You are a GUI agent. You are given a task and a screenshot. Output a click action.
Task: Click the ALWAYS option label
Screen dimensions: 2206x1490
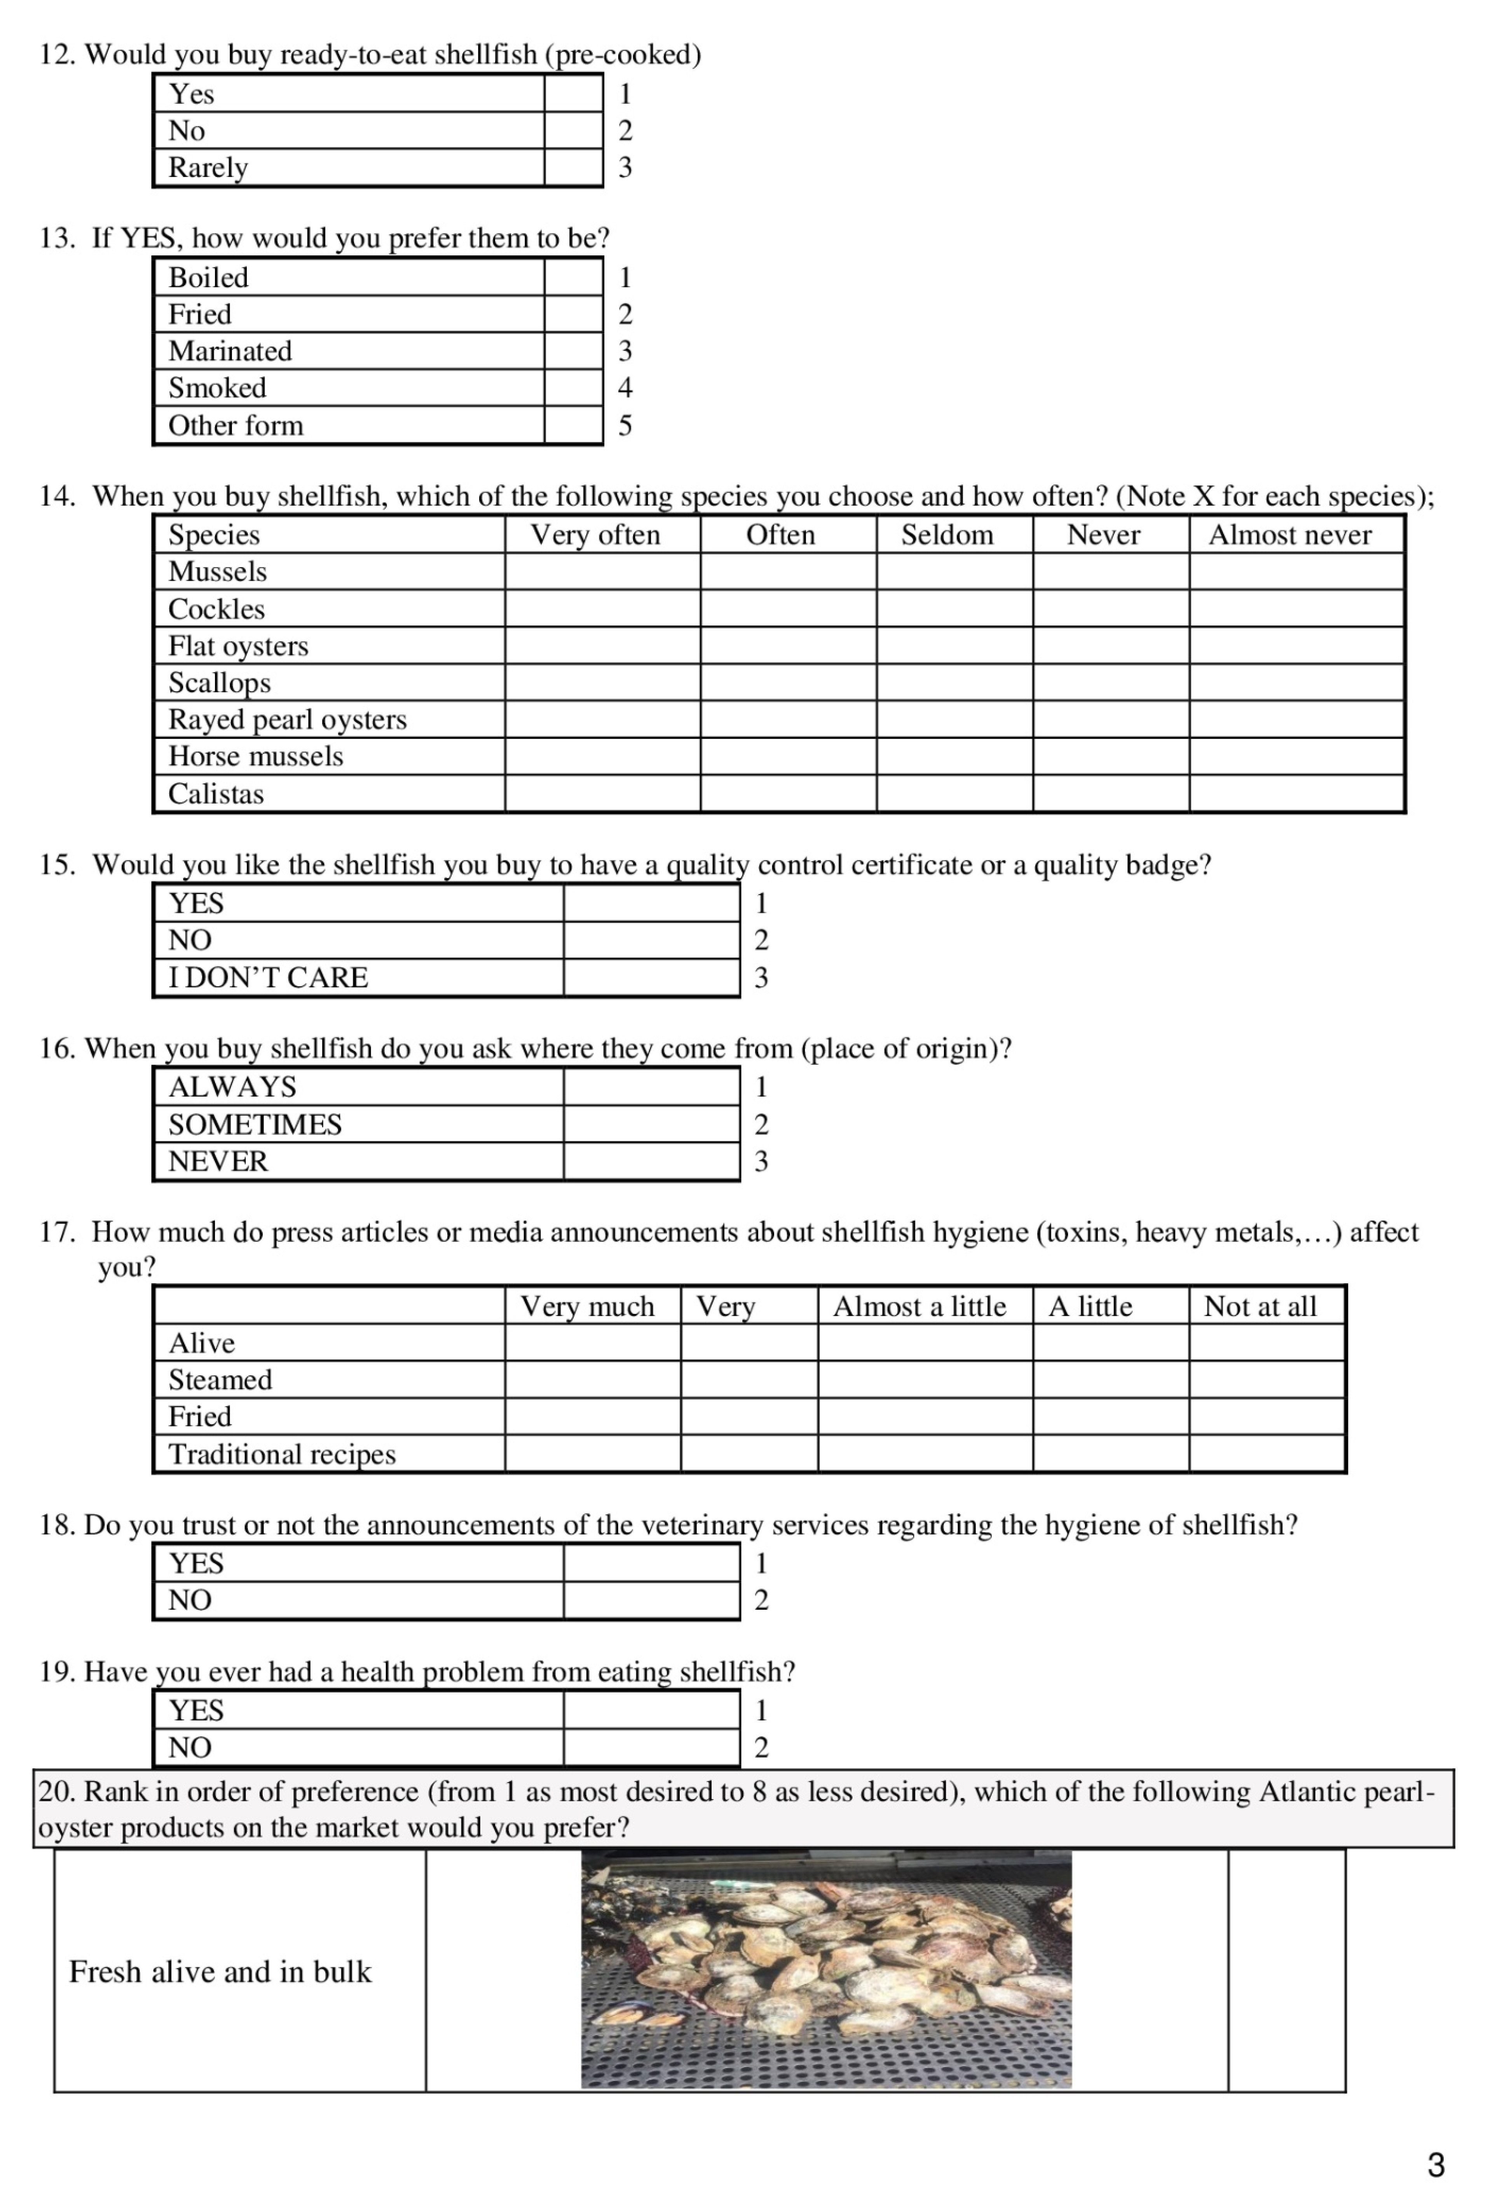232,1087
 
